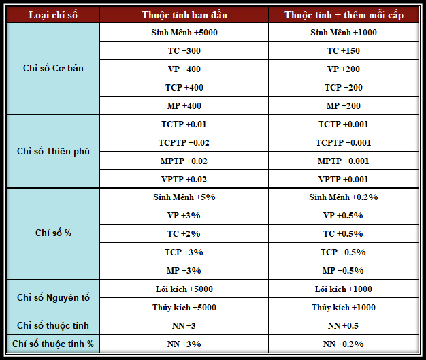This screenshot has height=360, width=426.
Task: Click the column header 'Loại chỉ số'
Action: (53, 15)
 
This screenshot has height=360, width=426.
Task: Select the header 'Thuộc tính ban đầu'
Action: (184, 15)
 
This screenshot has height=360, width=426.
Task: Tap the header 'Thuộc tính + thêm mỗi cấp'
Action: (343, 15)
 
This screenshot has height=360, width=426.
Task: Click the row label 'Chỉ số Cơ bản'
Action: (53, 69)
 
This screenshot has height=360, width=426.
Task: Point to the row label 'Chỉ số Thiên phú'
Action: (53, 151)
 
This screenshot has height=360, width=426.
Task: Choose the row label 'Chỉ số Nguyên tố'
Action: (53, 298)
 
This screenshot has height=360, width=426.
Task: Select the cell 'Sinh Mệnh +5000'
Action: (184, 33)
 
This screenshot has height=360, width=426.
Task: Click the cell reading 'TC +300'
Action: (184, 51)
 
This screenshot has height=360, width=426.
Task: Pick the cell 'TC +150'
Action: (343, 51)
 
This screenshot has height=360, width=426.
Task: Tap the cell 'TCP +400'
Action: (184, 88)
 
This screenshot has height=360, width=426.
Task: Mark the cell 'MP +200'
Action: (343, 106)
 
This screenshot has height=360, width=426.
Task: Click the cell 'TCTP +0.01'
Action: (184, 125)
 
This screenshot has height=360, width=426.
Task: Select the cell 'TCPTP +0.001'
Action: (343, 143)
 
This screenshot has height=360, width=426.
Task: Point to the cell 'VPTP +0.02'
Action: (184, 180)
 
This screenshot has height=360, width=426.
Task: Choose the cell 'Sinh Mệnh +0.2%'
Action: (343, 197)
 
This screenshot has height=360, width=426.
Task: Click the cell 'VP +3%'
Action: (184, 216)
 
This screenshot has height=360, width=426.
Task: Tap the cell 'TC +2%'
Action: (184, 234)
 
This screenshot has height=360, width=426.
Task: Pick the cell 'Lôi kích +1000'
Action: (343, 289)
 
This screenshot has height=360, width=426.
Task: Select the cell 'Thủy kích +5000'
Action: (184, 308)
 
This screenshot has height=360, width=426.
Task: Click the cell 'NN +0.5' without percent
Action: (343, 326)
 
